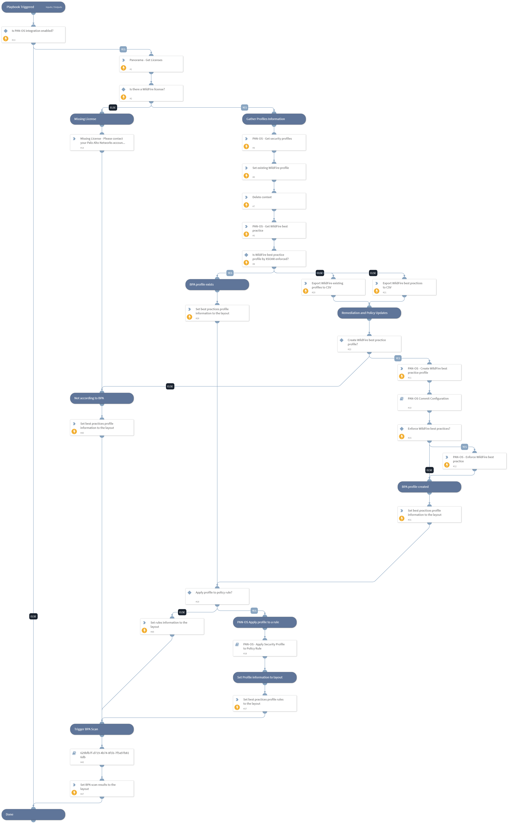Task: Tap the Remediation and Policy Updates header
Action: coord(369,313)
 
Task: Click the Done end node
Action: coord(33,814)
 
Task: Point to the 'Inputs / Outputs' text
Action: coord(54,7)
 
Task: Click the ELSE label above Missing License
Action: coord(113,107)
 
